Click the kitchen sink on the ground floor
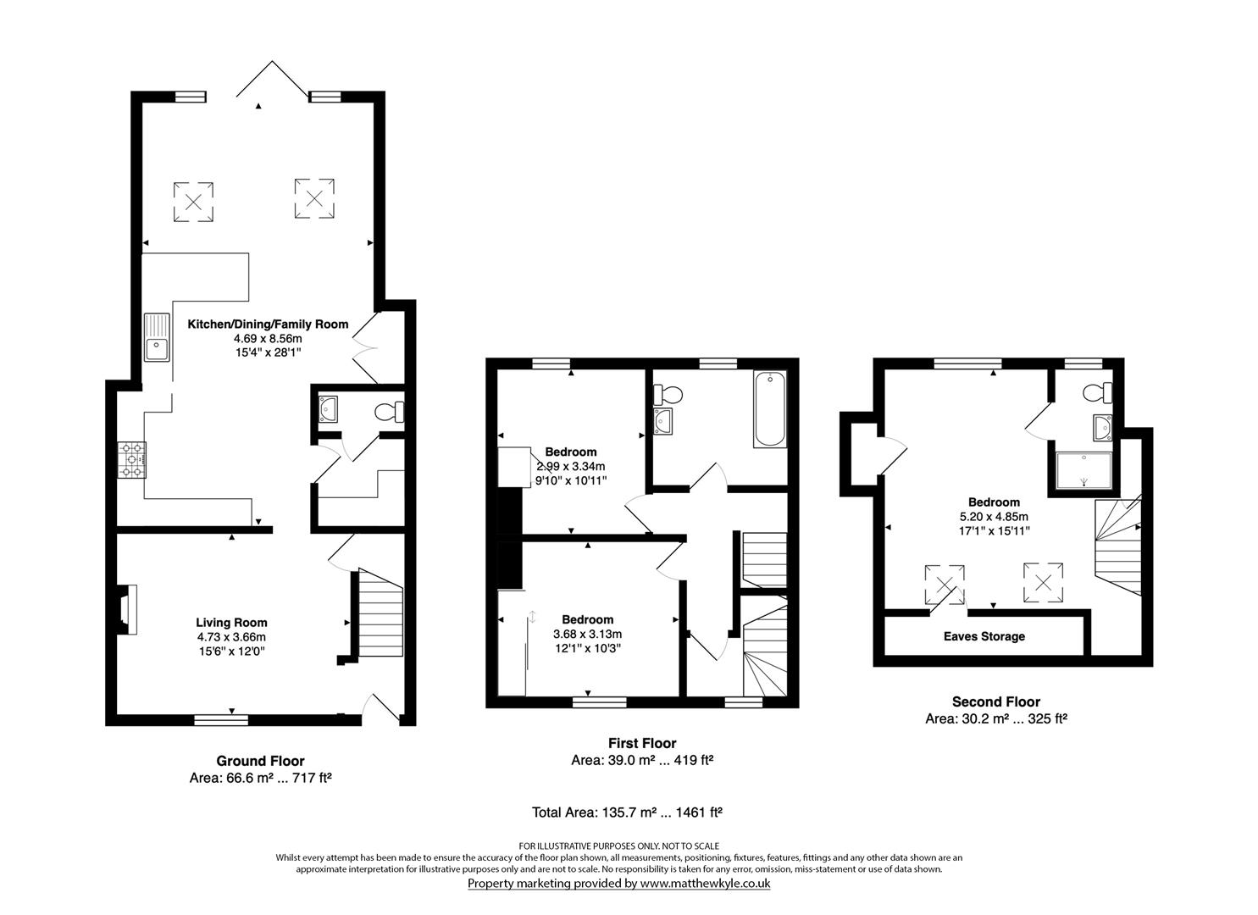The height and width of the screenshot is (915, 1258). pos(157,337)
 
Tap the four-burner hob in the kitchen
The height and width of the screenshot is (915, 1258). pos(132,460)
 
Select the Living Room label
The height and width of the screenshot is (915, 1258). pos(231,623)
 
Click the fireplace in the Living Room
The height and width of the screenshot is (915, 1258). pos(125,610)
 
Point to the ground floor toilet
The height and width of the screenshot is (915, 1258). pos(391,412)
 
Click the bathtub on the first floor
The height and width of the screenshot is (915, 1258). pos(769,408)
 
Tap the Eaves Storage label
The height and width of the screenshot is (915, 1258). pos(984,636)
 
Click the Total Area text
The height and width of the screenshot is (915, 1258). pos(626,812)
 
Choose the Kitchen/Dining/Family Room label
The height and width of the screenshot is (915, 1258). pos(268,324)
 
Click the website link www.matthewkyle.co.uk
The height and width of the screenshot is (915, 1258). pos(704,883)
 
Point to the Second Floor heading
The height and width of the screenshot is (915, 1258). pos(995,701)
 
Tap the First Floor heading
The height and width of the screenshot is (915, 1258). pos(642,743)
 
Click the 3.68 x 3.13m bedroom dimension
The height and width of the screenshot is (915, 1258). pos(587,635)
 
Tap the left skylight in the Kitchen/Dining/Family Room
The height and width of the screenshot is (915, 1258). pos(194,202)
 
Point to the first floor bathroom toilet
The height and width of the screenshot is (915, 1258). pos(670,394)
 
